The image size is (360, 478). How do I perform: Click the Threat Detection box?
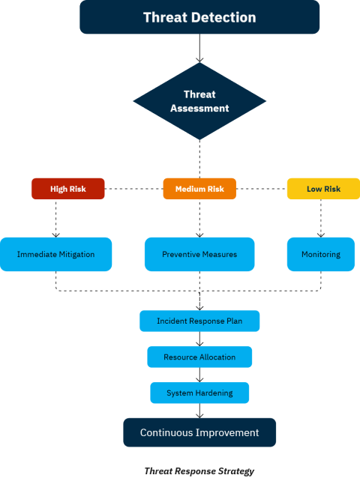[x=199, y=17]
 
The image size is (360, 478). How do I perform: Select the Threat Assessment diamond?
[x=199, y=101]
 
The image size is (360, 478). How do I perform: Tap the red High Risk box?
[x=68, y=189]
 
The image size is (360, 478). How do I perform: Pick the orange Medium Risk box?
[x=199, y=189]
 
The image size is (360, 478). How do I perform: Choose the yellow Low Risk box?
[x=323, y=189]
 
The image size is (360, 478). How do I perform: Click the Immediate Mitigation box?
[x=55, y=254]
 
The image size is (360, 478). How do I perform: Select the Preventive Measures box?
[x=199, y=254]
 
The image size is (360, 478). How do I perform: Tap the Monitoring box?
[x=321, y=254]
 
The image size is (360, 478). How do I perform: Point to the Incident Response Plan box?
[x=199, y=321]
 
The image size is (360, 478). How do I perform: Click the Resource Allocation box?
[x=199, y=357]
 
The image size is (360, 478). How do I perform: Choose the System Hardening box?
[x=199, y=393]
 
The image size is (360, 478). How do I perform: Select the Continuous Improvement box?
[x=199, y=432]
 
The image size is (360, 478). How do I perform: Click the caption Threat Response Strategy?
[x=199, y=471]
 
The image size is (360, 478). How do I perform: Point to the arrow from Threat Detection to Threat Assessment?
[x=199, y=48]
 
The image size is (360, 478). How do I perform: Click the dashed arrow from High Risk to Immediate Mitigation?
[x=55, y=218]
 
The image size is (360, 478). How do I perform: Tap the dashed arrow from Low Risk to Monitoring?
[x=321, y=218]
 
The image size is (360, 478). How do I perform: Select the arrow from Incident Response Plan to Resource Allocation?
[x=199, y=339]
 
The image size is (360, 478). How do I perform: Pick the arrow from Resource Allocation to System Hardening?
[x=199, y=375]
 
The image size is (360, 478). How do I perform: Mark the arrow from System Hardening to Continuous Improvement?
[x=199, y=411]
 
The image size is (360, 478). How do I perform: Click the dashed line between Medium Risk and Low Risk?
[x=262, y=189]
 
